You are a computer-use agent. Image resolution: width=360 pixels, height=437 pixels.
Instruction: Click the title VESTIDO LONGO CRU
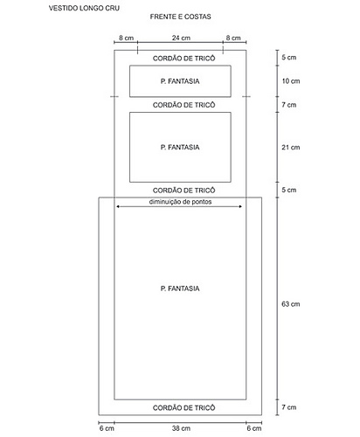[84, 8]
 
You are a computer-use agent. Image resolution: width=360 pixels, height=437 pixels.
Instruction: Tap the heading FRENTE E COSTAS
[181, 17]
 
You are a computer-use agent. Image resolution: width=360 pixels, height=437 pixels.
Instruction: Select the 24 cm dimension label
[181, 38]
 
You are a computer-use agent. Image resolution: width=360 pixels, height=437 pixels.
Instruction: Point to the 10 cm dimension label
[291, 81]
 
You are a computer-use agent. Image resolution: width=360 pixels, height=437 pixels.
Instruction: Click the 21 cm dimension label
[291, 148]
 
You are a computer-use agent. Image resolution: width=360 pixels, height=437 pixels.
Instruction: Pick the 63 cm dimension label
[291, 304]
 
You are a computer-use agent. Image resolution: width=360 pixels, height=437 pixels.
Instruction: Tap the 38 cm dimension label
[181, 428]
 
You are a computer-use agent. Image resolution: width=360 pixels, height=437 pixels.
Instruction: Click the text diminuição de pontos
[180, 202]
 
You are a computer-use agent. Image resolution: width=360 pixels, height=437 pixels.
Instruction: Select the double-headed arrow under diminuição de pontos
[179, 206]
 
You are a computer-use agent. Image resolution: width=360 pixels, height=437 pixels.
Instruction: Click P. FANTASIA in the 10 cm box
[180, 81]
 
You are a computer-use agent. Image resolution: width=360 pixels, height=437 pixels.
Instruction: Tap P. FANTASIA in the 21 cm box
[180, 147]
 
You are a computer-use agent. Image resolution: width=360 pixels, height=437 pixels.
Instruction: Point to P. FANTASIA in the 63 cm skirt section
[180, 288]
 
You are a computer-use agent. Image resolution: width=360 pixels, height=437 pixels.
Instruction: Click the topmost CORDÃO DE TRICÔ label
[184, 59]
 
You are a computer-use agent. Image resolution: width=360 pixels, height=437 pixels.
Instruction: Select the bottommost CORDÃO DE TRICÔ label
[184, 407]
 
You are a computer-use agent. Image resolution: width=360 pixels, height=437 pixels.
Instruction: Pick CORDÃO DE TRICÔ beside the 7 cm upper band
[184, 105]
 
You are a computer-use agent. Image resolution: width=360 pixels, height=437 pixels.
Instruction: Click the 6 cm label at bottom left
[107, 428]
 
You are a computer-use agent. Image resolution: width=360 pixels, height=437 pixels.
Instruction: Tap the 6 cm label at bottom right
[254, 428]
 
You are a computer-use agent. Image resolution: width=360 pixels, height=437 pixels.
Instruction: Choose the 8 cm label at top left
[127, 38]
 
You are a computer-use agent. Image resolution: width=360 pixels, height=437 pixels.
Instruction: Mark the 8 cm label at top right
[233, 38]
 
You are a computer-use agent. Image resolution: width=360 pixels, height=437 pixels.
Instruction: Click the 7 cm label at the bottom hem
[289, 407]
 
